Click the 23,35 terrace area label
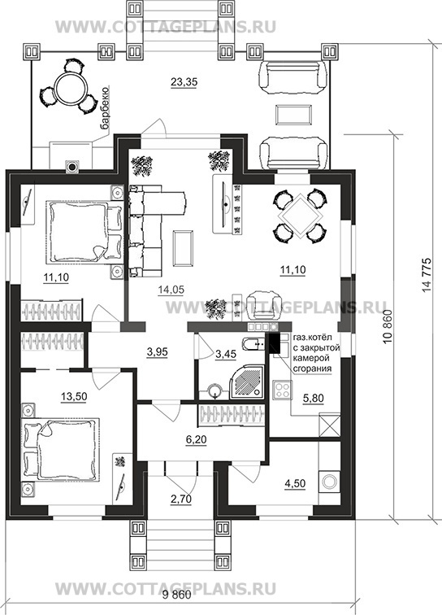[x=184, y=82]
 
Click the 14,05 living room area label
[x=171, y=290]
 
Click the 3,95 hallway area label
[x=157, y=352]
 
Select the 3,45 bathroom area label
[x=226, y=355]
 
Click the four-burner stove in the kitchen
[x=282, y=390]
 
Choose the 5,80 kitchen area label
[x=313, y=398]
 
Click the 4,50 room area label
[x=295, y=483]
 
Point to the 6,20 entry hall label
[x=196, y=439]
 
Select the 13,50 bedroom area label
[x=74, y=396]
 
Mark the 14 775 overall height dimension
[x=427, y=275]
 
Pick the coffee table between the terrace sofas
[x=294, y=115]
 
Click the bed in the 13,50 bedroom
[x=61, y=452]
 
